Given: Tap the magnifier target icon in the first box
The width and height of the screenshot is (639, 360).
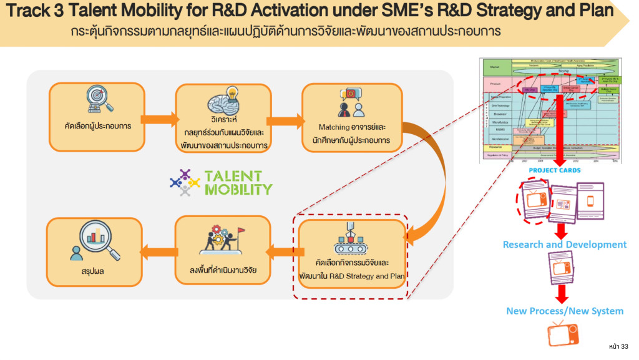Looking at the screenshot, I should click(x=97, y=100).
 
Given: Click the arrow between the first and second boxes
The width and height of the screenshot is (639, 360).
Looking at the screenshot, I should click(x=159, y=119).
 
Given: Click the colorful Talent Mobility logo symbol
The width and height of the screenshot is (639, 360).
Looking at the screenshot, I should click(x=185, y=183).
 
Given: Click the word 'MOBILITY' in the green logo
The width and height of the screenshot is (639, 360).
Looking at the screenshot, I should click(x=239, y=189).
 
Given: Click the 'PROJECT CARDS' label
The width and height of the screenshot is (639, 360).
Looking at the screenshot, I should click(x=554, y=170).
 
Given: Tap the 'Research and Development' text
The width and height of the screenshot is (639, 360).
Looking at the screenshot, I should click(x=564, y=245).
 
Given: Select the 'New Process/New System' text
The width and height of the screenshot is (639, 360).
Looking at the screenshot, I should click(x=564, y=311).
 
